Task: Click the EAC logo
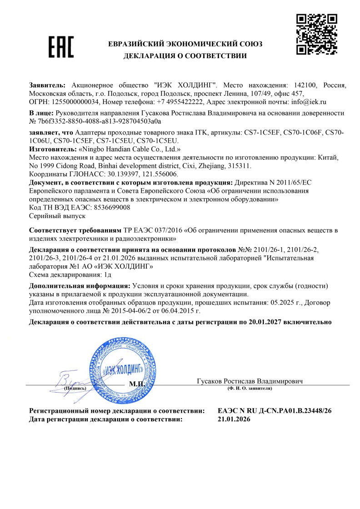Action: [x=61, y=47]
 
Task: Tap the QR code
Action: [x=316, y=35]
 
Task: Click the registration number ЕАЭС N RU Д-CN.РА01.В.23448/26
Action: [x=275, y=411]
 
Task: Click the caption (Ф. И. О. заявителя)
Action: [x=250, y=389]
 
